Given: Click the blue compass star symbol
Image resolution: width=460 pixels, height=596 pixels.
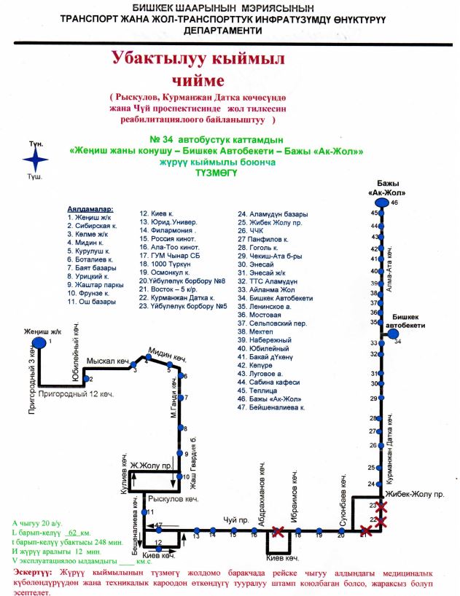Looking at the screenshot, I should pyautogui.click(x=38, y=160).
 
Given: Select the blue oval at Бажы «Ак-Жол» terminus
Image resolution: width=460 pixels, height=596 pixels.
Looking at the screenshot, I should pyautogui.click(x=380, y=203).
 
